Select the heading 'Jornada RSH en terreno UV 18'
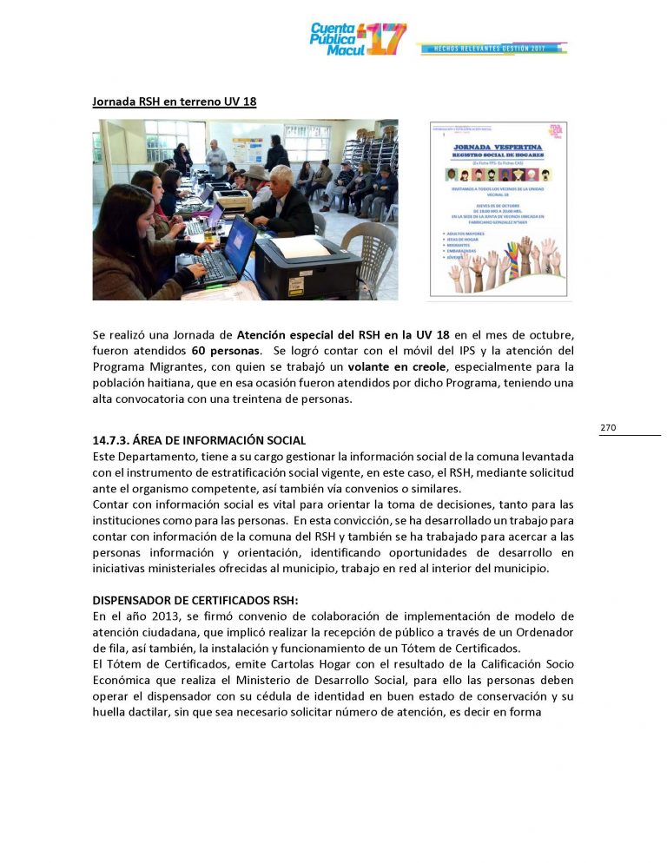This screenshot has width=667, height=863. [x=175, y=102]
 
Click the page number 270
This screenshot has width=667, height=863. [x=608, y=427]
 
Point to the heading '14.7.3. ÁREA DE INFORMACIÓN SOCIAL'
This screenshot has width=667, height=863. [x=199, y=441]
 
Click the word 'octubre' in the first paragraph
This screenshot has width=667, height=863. [x=551, y=334]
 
